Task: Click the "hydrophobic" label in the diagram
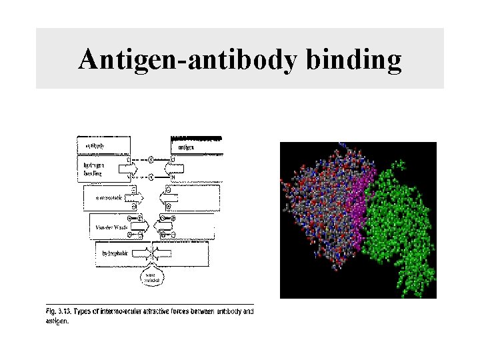pyautogui.click(x=114, y=254)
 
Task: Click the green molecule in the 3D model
pyautogui.click(x=400, y=220)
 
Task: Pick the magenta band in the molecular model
pyautogui.click(x=357, y=207)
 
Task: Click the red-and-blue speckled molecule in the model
pyautogui.click(x=317, y=207)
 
